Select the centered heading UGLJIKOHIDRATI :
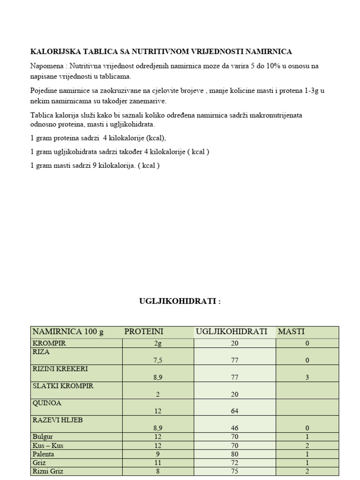180,301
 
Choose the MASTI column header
291,332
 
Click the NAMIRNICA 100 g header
67,332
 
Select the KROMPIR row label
49,343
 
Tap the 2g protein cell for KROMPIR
157,343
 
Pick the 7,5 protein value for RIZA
157,360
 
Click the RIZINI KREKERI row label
60,369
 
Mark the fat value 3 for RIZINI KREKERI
307,377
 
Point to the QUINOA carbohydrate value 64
234,411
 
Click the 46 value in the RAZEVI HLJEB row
234,428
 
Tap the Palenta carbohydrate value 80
234,454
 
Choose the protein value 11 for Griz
157,463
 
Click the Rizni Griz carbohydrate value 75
234,472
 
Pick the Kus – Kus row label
48,445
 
